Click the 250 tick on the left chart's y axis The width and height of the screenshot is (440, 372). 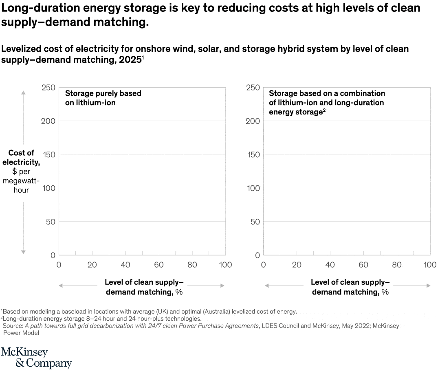tap(48, 88)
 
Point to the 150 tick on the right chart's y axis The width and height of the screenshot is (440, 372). tap(253, 154)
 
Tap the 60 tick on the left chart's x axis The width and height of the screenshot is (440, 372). tap(159, 265)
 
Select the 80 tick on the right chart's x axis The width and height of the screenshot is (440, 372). tap(397, 265)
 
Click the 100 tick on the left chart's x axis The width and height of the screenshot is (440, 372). tap(225, 265)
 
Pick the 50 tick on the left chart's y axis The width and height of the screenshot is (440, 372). tap(51, 222)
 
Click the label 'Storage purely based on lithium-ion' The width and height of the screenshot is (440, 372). tap(103, 98)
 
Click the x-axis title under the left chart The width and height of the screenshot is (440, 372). tap(144, 287)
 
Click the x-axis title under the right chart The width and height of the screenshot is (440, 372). tap(350, 287)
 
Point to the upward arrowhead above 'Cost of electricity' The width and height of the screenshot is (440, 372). tap(24, 93)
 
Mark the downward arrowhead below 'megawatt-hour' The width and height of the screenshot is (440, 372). tap(24, 252)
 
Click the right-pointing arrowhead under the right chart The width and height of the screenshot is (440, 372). tap(428, 286)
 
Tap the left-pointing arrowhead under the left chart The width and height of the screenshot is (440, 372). tap(61, 286)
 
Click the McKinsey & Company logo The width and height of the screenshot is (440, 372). tap(36, 358)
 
